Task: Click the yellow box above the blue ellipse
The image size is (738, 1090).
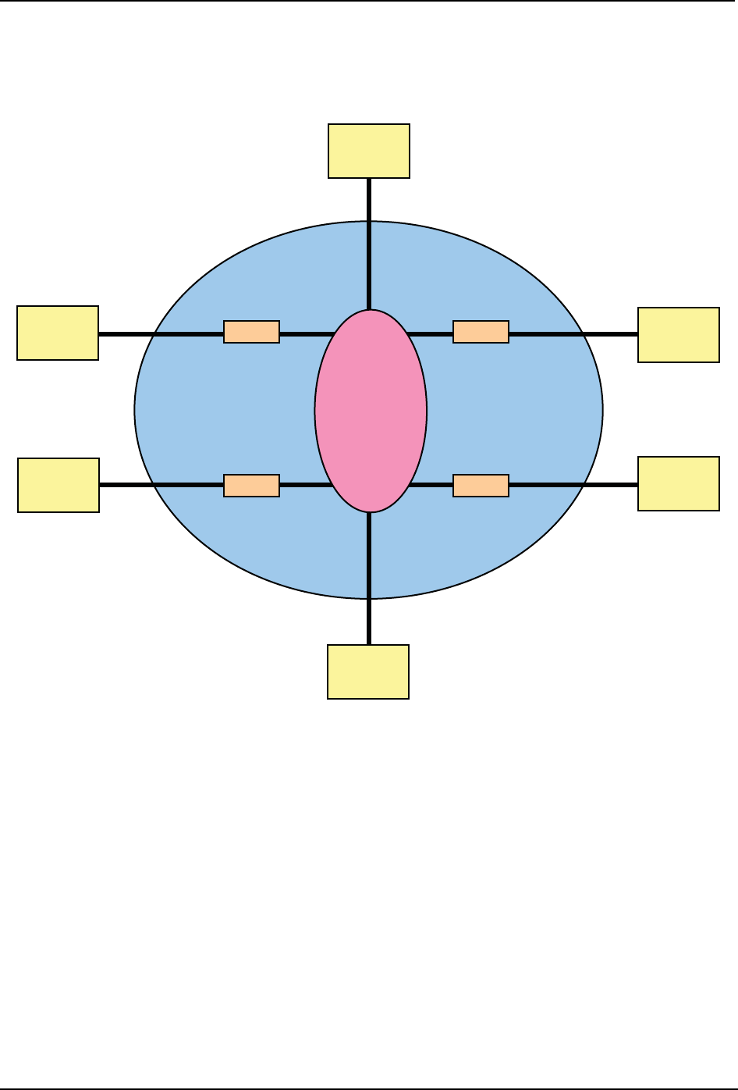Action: [369, 151]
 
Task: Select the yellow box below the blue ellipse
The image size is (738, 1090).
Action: [368, 671]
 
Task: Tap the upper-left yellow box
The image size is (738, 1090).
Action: [58, 333]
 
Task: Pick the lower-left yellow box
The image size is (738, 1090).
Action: [59, 485]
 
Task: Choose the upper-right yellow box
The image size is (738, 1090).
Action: [679, 335]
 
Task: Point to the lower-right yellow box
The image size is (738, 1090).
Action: [679, 483]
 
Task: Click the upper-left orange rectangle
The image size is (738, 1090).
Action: [251, 332]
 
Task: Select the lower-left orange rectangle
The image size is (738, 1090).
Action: [251, 486]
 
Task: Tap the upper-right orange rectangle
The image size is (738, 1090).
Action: [481, 332]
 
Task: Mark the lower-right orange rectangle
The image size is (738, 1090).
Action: [481, 486]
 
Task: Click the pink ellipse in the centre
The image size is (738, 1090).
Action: [371, 411]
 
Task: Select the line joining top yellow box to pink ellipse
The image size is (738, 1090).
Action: [369, 242]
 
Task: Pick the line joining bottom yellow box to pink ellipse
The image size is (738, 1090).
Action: [369, 578]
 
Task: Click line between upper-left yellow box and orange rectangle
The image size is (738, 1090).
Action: [161, 334]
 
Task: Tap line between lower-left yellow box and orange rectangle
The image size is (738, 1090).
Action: [161, 485]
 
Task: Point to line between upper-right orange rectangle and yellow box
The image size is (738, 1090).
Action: [573, 334]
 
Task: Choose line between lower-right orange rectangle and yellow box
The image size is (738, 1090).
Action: [573, 485]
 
